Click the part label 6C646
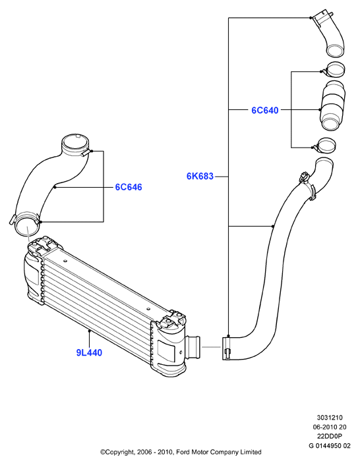coord(129,187)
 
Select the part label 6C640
coord(265,110)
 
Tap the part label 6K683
coord(200,176)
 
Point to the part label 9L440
coord(89,352)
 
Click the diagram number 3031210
coord(330,418)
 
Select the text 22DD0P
coord(330,436)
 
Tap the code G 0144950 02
coord(330,446)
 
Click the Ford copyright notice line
coord(181,452)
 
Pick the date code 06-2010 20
coord(330,427)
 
